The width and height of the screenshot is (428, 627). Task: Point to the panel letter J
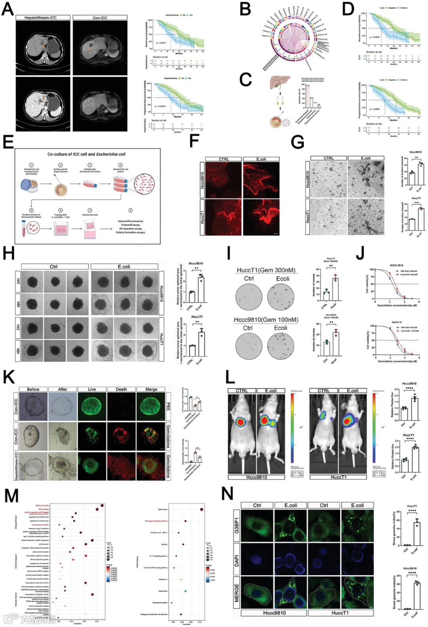point(360,253)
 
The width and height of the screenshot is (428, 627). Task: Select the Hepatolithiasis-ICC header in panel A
point(43,17)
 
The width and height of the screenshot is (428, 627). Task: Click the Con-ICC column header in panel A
point(100,17)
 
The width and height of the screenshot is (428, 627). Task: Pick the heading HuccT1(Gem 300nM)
point(266,270)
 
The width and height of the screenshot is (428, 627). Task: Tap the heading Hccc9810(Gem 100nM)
point(266,320)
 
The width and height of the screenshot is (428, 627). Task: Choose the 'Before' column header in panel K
point(33,389)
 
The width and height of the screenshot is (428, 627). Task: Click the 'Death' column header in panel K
point(121,389)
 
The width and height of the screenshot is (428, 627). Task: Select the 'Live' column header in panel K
point(92,389)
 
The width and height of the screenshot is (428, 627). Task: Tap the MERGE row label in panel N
point(237,593)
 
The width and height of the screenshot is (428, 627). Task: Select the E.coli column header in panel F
point(261,159)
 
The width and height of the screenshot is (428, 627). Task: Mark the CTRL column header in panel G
point(329,158)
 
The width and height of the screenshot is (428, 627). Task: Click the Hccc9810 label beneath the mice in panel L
point(256,477)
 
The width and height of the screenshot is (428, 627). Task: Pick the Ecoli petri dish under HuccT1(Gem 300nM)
point(281,297)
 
